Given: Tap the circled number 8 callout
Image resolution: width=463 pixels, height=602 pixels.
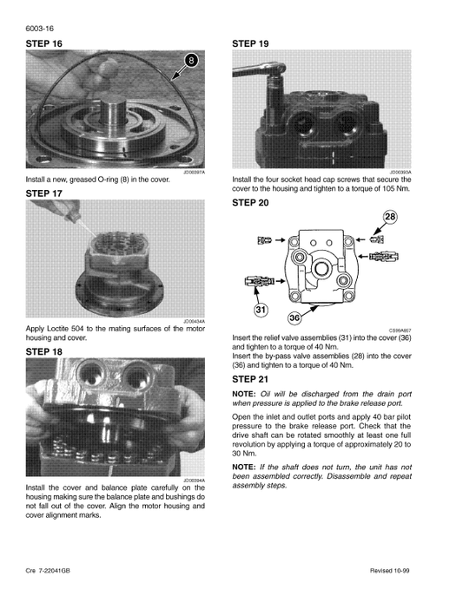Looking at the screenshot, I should tap(192, 61).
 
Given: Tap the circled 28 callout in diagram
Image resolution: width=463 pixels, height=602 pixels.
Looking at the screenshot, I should tap(389, 217).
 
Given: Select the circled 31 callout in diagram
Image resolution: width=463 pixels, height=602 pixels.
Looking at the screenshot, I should tap(260, 310).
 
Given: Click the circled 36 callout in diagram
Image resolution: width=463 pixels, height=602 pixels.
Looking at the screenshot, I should tap(295, 318).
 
